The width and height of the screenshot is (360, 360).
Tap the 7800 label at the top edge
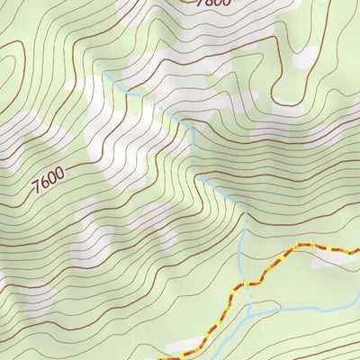[x=212, y=4]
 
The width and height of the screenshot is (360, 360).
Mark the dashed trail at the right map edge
[x=357, y=250]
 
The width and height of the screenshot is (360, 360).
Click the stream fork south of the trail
[x=249, y=310]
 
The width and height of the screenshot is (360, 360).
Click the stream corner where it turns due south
[x=193, y=126]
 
